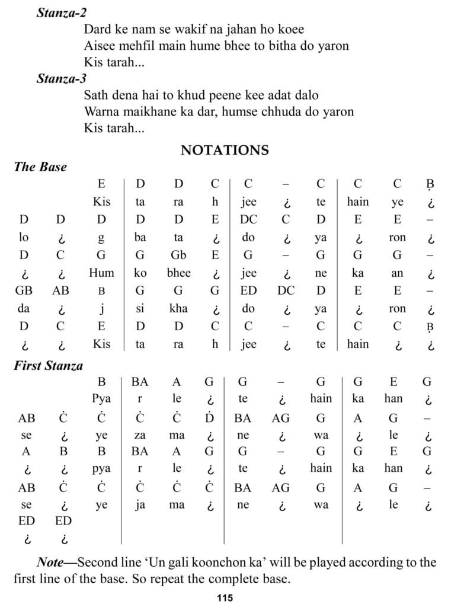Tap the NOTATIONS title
pyautogui.click(x=225, y=150)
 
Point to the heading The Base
pyautogui.click(x=40, y=167)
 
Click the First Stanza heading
pyautogui.click(x=49, y=366)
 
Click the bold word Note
pyautogui.click(x=50, y=562)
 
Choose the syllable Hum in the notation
pyautogui.click(x=101, y=273)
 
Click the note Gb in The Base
pyautogui.click(x=178, y=255)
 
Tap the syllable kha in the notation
pyautogui.click(x=178, y=308)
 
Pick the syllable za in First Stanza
pyautogui.click(x=140, y=435)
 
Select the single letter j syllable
pyautogui.click(x=101, y=308)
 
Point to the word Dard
pyautogui.click(x=97, y=28)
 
